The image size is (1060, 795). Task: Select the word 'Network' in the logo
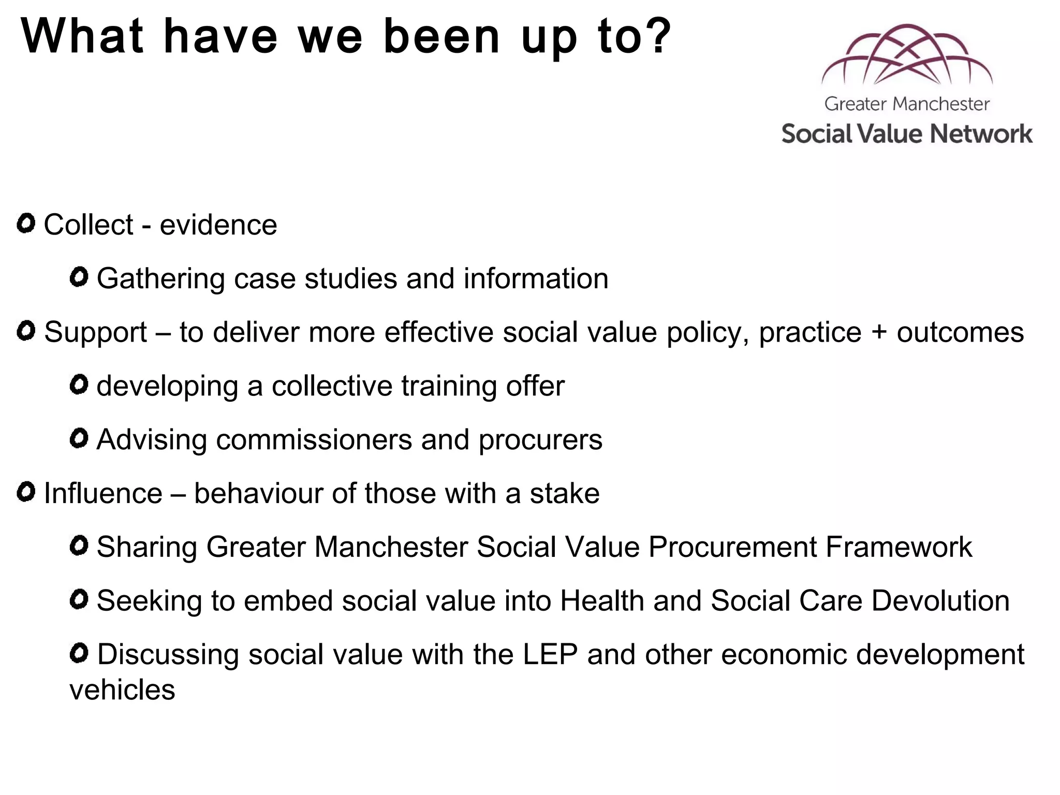[981, 134]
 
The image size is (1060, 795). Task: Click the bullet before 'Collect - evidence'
[26, 224]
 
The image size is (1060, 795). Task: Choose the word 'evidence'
[218, 225]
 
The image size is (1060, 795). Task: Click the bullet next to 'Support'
[26, 331]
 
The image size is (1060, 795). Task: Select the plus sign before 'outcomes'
[879, 332]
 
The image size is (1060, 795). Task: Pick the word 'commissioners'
[314, 440]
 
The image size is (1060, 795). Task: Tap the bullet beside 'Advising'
[79, 439]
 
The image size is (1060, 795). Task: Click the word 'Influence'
[103, 493]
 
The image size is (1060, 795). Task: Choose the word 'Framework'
[899, 547]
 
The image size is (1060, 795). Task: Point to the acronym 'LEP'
[550, 654]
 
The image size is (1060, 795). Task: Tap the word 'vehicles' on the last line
[123, 690]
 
